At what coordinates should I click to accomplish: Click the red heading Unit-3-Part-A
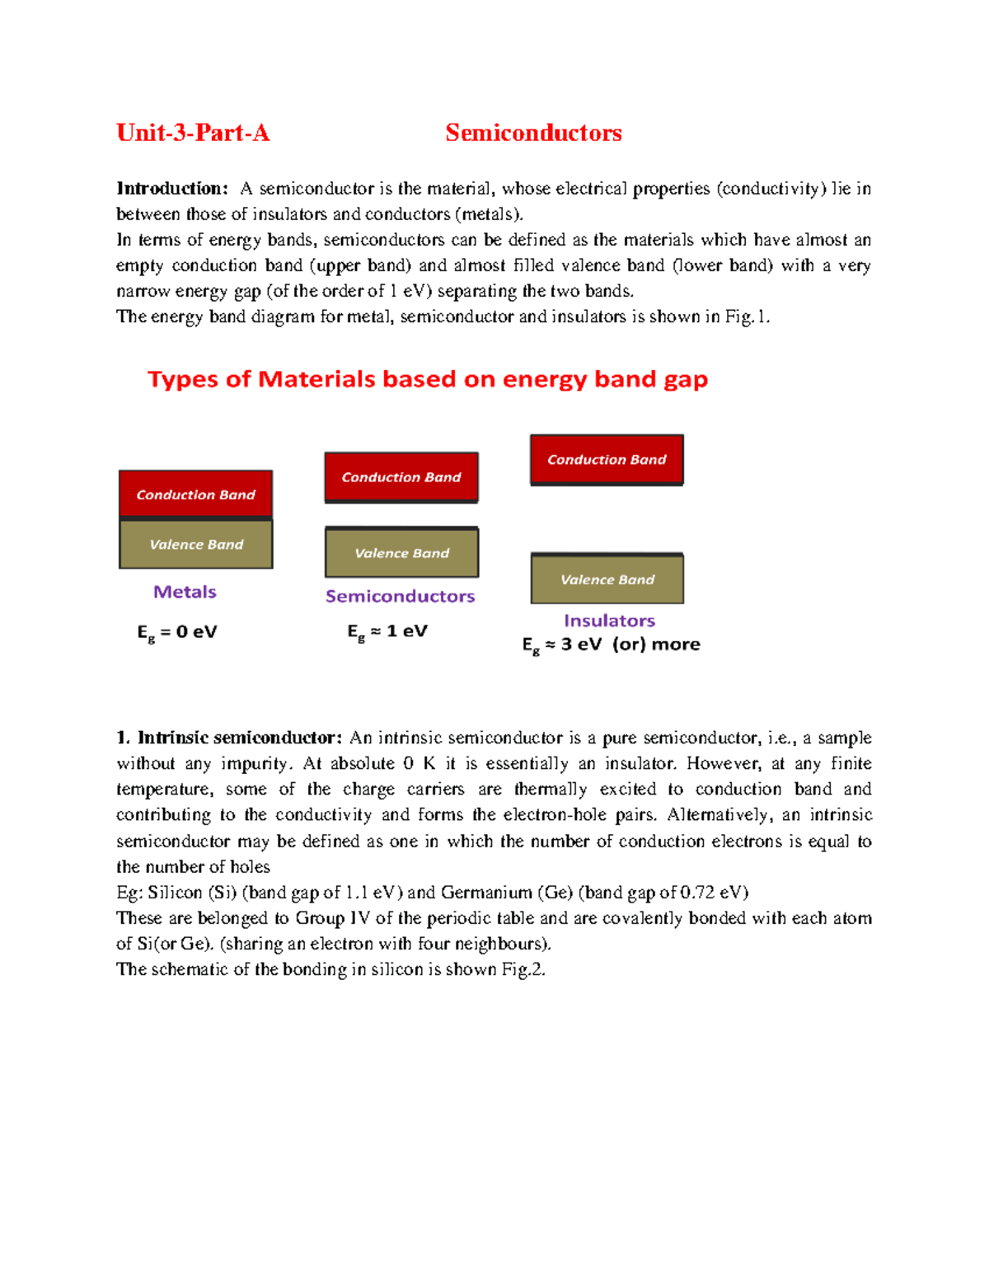click(193, 133)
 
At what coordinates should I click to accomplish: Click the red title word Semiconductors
click(533, 133)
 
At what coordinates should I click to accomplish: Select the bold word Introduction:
click(171, 189)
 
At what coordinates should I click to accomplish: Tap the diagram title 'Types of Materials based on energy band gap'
click(428, 379)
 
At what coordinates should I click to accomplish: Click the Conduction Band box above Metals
click(196, 494)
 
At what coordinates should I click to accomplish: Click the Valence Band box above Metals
click(196, 544)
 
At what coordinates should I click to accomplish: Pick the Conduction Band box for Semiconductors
click(401, 476)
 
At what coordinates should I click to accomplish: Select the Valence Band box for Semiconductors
click(401, 552)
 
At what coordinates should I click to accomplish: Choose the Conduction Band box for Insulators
click(607, 459)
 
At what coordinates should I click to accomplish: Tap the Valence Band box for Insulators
click(607, 579)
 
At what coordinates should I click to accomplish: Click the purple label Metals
click(185, 592)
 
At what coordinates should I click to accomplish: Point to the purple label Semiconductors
click(400, 596)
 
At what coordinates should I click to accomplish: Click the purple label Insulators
click(609, 621)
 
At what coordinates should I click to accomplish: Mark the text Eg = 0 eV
click(176, 632)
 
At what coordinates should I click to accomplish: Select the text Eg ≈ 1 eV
click(387, 631)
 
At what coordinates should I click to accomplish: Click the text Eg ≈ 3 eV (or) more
click(611, 645)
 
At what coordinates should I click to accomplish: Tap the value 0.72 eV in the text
click(713, 893)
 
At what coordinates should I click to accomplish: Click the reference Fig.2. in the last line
click(523, 969)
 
